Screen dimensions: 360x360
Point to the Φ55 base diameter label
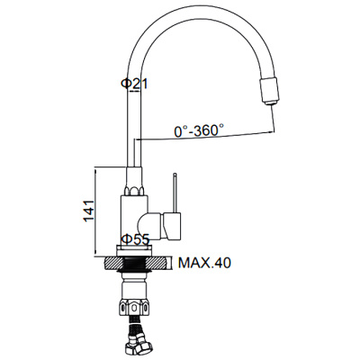135,239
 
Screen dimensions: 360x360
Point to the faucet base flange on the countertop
137,249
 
